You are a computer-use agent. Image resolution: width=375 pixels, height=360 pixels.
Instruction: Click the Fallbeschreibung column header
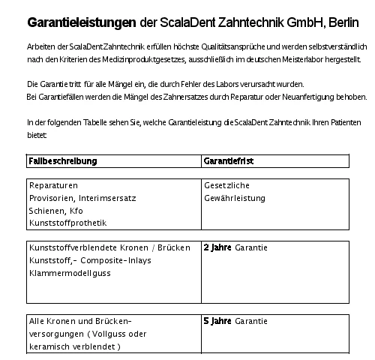63,160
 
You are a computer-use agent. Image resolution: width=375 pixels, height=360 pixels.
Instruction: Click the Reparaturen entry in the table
53,185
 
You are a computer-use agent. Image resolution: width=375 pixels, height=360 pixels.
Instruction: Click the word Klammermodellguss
69,272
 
